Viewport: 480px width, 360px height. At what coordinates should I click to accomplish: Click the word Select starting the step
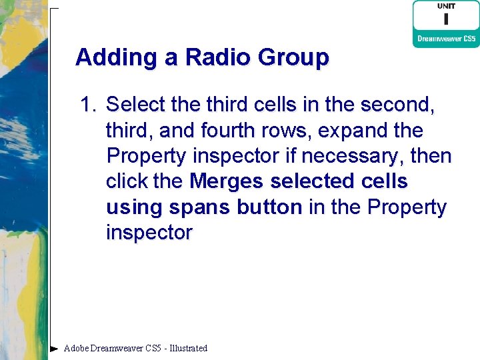point(137,105)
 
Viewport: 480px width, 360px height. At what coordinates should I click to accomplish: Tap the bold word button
point(268,207)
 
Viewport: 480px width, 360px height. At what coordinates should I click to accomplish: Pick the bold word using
point(135,207)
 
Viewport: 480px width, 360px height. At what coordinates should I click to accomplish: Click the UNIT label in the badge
point(446,7)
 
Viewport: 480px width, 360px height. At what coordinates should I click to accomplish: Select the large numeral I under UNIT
point(446,19)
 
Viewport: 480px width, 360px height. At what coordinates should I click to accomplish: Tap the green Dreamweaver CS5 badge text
point(446,39)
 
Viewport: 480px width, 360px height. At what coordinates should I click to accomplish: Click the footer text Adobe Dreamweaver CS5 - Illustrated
point(135,348)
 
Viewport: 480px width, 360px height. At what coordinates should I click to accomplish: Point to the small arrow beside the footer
point(53,348)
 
